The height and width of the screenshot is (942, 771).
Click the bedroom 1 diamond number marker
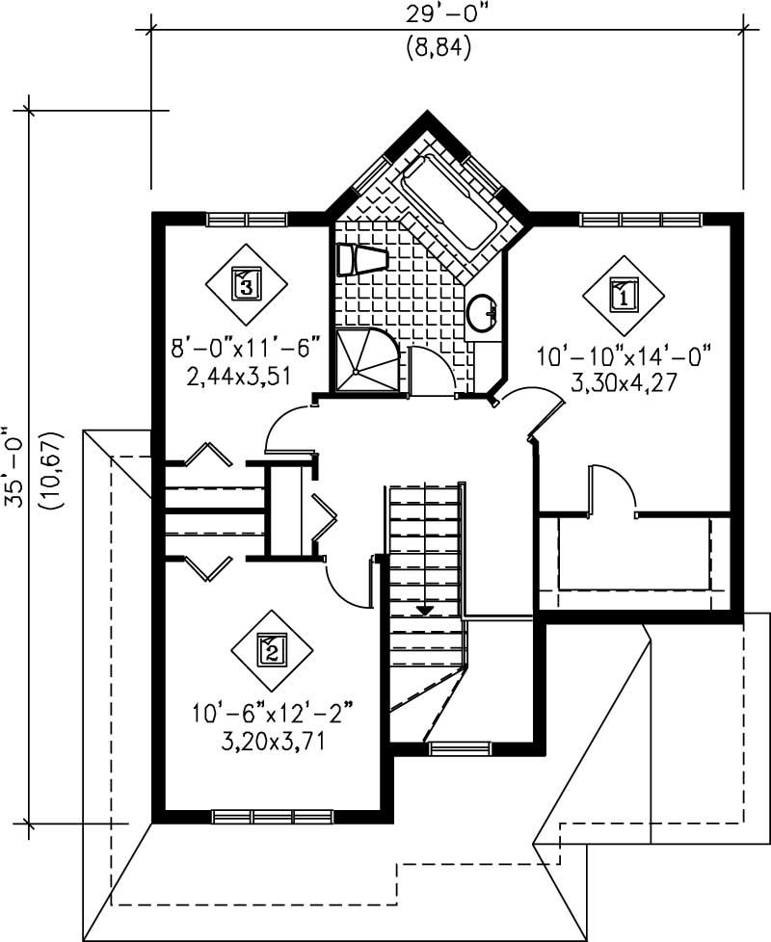click(x=624, y=295)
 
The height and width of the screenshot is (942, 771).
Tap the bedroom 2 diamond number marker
click(x=272, y=651)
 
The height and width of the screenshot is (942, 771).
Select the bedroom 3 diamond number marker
click(x=246, y=284)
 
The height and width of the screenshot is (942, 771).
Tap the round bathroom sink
click(x=481, y=312)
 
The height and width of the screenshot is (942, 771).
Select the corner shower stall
click(x=365, y=360)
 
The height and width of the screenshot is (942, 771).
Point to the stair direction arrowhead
click(x=425, y=610)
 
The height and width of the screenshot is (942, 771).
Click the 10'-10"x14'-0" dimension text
click(x=623, y=357)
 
